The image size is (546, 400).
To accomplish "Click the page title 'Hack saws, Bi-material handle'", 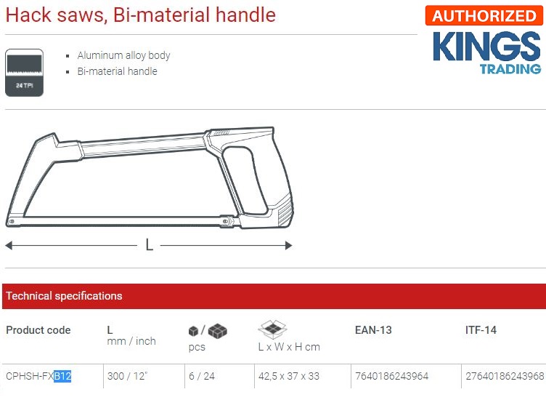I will coord(141,15).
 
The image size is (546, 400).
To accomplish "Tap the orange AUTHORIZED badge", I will coord(484,16).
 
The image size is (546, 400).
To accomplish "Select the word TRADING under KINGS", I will coord(510,69).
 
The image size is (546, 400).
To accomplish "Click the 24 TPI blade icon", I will coord(24,72).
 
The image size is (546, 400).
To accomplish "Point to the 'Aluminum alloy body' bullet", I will coord(123,55).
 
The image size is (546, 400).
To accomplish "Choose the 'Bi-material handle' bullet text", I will coord(117,71).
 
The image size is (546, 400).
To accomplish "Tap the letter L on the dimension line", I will coord(149,245).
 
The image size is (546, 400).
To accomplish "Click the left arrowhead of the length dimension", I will coord(9,245).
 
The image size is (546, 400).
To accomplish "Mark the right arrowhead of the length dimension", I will coord(288,245).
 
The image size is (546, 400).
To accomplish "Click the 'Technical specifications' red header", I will coord(64,296).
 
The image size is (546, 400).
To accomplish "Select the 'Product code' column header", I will coord(38,330).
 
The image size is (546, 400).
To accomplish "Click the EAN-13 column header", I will coord(372,330).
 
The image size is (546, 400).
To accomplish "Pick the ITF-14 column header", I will coord(481,330).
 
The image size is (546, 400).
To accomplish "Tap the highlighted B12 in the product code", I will coord(62,376).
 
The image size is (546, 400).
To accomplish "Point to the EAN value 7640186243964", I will coord(392,376).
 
